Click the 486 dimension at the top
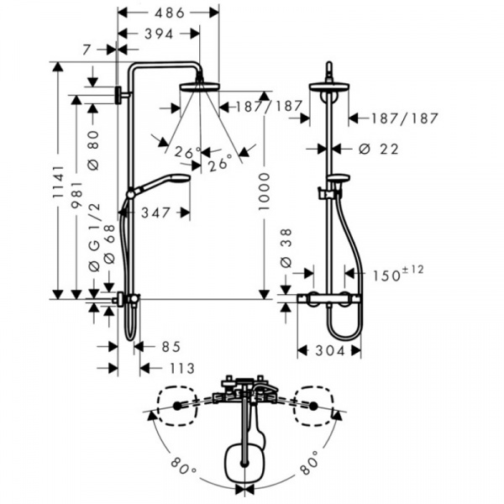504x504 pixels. (170, 13)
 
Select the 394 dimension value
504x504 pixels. (159, 34)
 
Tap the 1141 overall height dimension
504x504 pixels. (58, 181)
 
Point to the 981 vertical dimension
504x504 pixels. (76, 196)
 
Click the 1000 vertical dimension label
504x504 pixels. (264, 192)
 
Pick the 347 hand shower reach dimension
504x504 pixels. (155, 213)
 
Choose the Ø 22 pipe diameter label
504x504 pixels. (379, 149)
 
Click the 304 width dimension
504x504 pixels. (330, 350)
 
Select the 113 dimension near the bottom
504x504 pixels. (182, 369)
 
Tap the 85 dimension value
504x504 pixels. (171, 346)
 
